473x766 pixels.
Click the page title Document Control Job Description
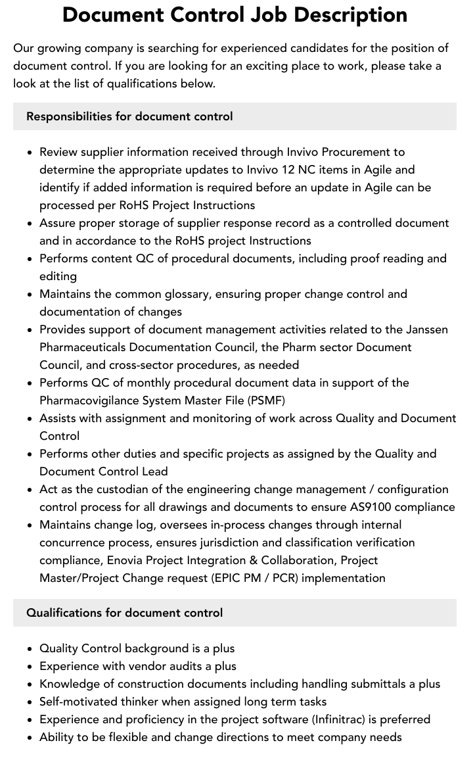pos(235,14)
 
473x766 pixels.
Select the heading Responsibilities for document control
pos(129,116)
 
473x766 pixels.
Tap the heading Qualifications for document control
pos(124,613)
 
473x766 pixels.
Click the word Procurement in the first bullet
pos(372,152)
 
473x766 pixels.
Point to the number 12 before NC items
pos(286,170)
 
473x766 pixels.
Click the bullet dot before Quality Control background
pos(30,649)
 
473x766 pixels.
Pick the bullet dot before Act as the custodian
pos(30,490)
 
